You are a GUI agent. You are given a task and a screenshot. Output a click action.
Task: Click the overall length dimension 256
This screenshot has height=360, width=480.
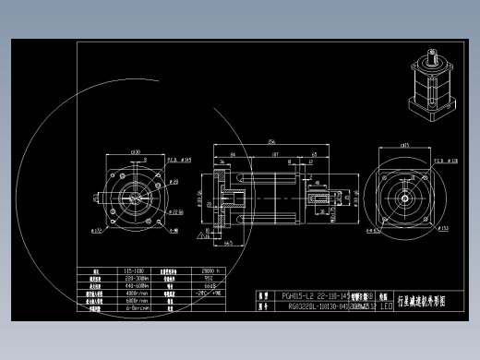point(271,141)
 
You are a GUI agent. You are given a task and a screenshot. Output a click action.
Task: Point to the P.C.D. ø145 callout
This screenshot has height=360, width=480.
point(182,160)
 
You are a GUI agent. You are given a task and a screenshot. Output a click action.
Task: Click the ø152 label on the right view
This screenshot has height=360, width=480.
point(444,227)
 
